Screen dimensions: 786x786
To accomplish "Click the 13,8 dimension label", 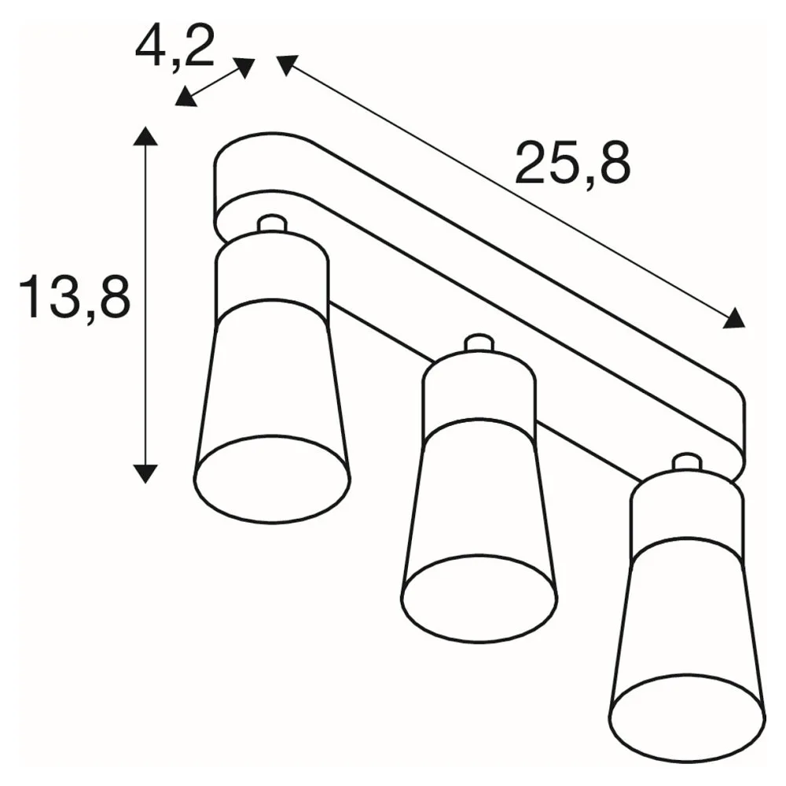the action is (74, 298).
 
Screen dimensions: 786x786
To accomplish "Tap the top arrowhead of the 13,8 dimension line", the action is (145, 135).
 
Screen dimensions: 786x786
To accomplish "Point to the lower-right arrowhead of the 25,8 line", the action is (734, 319).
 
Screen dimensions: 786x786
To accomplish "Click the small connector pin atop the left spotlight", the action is (272, 223).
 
